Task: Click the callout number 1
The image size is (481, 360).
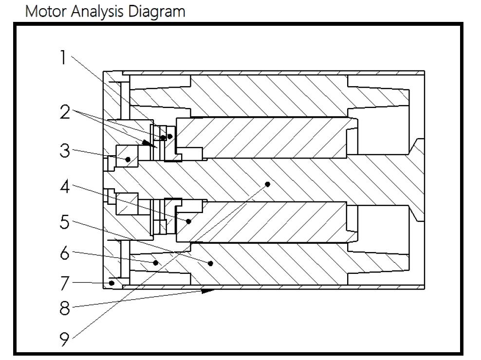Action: [x=62, y=58]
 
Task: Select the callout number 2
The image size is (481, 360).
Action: [x=65, y=113]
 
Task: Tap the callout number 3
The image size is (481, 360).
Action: [x=65, y=151]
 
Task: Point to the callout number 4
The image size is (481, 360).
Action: [x=65, y=186]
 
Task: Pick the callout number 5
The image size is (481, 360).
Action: [x=65, y=222]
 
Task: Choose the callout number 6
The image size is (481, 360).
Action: [x=65, y=253]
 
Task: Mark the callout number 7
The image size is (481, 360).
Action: [x=65, y=282]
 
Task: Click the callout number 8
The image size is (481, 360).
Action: [x=65, y=308]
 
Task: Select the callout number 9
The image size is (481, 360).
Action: [x=65, y=339]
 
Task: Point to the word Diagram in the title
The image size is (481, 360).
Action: [x=156, y=11]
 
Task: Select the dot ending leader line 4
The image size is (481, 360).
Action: [x=188, y=221]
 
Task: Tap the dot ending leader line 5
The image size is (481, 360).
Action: [x=210, y=263]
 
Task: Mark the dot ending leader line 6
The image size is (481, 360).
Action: [x=156, y=263]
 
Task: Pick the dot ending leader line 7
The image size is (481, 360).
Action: [x=112, y=283]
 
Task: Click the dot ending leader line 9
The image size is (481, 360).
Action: [x=267, y=184]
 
